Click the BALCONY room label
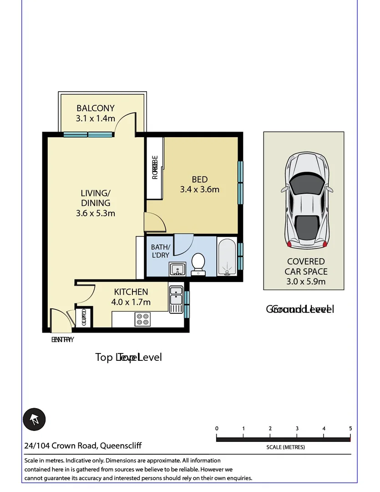(x=95, y=108)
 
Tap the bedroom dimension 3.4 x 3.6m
(x=199, y=189)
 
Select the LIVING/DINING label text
(x=96, y=198)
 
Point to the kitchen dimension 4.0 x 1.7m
(x=131, y=302)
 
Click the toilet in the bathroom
(x=198, y=265)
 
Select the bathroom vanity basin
(x=177, y=269)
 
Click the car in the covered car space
(x=307, y=201)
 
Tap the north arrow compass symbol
(x=35, y=419)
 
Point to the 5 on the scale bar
(x=350, y=428)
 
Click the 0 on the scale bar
(x=217, y=428)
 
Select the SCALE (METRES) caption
(x=285, y=447)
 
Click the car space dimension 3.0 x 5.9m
(x=306, y=282)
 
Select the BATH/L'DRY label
(x=160, y=251)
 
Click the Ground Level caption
(x=300, y=309)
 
